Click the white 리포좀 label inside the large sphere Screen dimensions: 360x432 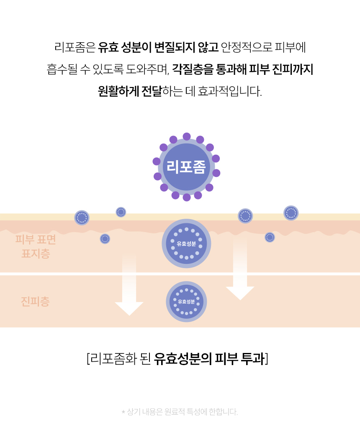click(x=186, y=167)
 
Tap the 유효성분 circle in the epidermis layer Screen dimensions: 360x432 click(x=186, y=243)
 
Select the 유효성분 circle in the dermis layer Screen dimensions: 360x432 click(x=186, y=302)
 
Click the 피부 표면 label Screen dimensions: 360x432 click(x=36, y=240)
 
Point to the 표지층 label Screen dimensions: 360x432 click(x=36, y=253)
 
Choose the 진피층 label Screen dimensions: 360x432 click(x=35, y=302)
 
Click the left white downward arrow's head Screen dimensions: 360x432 click(x=129, y=309)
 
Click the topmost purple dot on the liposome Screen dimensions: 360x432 click(x=187, y=136)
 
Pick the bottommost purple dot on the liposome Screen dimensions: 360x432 click(x=187, y=197)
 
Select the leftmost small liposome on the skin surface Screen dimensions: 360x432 click(x=82, y=218)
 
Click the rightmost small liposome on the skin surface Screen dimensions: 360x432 click(x=291, y=213)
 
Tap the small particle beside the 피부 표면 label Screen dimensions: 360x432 click(x=105, y=239)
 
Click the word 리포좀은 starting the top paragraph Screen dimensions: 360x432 click(x=75, y=47)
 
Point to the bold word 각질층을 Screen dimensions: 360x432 click(x=193, y=69)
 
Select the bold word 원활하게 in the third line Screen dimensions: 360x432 click(x=118, y=91)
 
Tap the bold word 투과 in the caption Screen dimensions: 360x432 click(x=252, y=359)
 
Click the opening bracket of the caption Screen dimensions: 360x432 click(x=88, y=359)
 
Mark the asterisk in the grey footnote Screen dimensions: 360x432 click(x=123, y=412)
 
